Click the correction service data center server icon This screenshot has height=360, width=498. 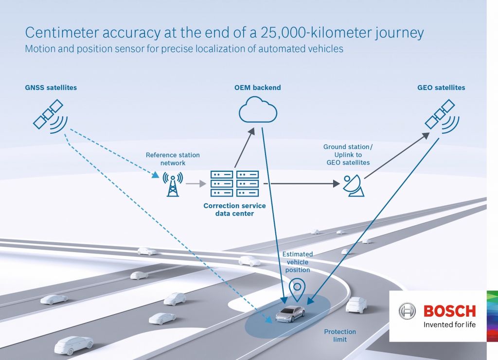(234, 183)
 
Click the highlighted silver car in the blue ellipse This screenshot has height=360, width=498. (290, 314)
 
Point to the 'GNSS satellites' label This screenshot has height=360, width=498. (51, 88)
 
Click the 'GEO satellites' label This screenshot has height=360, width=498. (441, 88)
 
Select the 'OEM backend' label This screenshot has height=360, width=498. (257, 88)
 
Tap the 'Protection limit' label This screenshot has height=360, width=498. (340, 335)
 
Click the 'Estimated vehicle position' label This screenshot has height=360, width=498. (298, 262)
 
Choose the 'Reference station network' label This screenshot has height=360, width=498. (173, 159)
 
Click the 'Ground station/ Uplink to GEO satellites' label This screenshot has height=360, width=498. (348, 155)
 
